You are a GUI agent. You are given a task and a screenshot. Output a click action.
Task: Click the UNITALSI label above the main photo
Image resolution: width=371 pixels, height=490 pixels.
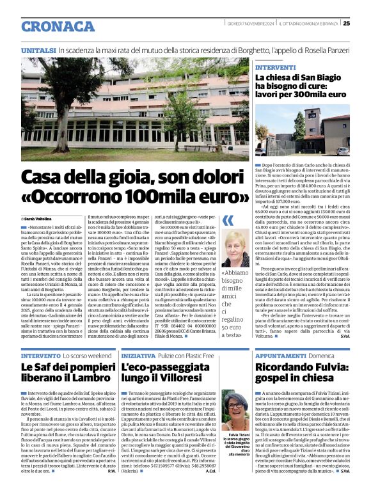[38, 50]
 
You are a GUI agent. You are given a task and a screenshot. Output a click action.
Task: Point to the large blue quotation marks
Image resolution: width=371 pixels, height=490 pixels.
[228, 221]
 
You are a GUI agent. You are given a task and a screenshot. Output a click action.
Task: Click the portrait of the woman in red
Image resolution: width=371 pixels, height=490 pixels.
[235, 249]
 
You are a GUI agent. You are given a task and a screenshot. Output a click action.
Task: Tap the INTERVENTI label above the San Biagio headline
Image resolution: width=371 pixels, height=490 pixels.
[275, 67]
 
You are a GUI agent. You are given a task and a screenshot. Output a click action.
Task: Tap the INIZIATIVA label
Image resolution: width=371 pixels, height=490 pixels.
[138, 355]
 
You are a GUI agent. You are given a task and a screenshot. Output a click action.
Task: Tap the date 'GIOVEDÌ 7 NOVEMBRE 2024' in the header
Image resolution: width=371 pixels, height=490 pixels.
[250, 24]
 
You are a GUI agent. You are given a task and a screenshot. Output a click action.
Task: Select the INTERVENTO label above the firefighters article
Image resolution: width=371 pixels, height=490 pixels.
[41, 355]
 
